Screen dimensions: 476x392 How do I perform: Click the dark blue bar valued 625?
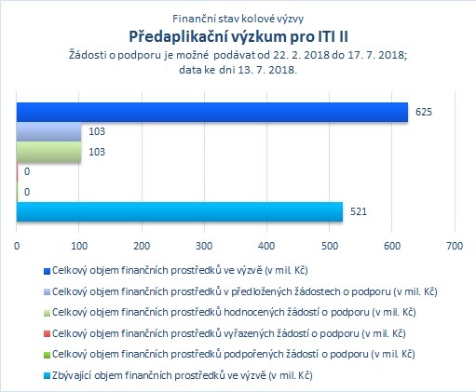[212, 112]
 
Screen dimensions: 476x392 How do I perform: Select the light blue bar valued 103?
[48, 132]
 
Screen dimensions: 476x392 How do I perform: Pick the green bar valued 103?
[48, 152]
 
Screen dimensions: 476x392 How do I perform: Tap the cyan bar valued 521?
[180, 212]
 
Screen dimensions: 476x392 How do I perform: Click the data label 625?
[424, 112]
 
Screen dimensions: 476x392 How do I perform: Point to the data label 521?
[359, 211]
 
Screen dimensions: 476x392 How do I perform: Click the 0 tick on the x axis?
[17, 246]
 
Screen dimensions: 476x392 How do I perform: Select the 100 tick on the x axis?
[79, 246]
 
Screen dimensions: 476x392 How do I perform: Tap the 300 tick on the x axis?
[204, 246]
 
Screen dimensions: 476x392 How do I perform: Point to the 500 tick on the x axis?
[330, 246]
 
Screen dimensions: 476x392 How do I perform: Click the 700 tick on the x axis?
[455, 246]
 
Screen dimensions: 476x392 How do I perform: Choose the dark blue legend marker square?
[47, 271]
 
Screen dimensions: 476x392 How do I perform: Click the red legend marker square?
[47, 334]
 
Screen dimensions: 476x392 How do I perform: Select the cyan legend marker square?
[47, 376]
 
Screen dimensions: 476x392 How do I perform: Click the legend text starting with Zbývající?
[183, 375]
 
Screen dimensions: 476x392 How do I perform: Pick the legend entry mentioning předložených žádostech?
[245, 291]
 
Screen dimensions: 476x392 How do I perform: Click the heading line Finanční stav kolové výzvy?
[238, 19]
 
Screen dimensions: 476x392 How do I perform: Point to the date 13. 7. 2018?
[267, 70]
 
